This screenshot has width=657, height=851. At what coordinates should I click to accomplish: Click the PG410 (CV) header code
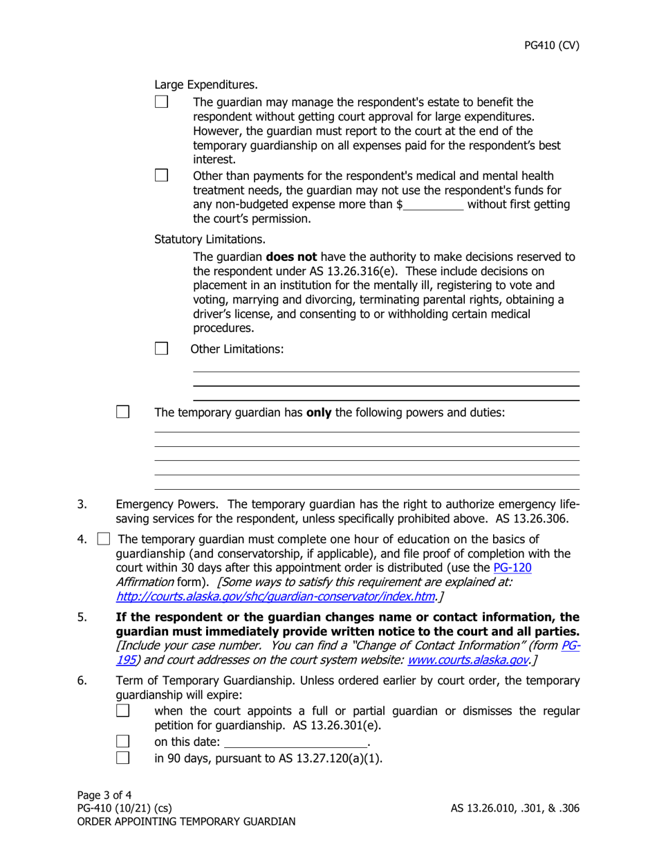click(551, 46)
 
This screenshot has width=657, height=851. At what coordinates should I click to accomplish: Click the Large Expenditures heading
click(205, 85)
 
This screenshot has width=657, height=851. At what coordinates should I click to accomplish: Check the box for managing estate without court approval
click(161, 102)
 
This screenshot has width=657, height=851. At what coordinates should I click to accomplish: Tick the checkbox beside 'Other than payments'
click(161, 175)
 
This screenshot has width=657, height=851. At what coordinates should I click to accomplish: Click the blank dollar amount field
click(434, 205)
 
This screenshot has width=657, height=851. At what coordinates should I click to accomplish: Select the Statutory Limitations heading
click(210, 239)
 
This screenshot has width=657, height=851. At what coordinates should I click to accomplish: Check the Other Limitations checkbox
click(161, 348)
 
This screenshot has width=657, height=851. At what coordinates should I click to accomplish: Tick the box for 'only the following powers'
click(122, 412)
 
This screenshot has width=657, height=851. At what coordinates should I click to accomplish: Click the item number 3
click(82, 504)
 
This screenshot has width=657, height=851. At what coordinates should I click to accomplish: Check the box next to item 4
click(104, 538)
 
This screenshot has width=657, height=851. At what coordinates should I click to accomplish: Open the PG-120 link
click(512, 567)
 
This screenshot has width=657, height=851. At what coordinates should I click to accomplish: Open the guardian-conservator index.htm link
click(275, 596)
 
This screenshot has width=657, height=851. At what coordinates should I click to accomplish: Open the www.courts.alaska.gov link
click(468, 659)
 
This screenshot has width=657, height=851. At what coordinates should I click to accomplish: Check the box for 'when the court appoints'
click(122, 711)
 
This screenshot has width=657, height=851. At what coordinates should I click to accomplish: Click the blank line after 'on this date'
click(296, 742)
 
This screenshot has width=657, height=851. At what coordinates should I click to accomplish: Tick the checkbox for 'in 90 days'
click(122, 757)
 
